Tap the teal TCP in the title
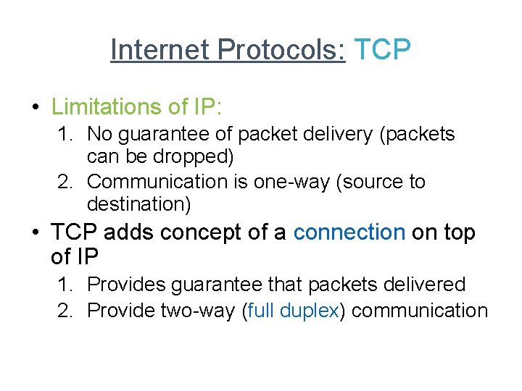pos(382,50)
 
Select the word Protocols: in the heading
pos(281,50)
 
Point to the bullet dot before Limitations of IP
pos(36,107)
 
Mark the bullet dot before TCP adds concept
pos(36,233)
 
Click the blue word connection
pos(349,232)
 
